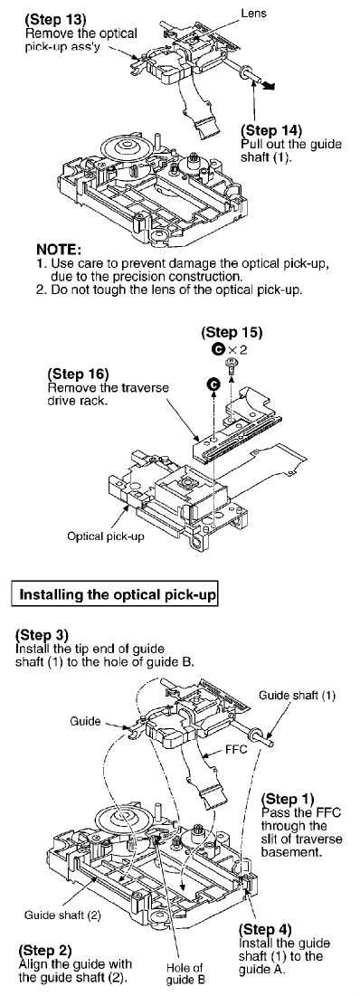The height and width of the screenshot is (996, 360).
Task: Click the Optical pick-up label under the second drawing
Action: coord(106,536)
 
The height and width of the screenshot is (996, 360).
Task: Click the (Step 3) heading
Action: coord(42,634)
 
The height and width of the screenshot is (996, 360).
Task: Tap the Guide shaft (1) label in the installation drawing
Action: coord(297,695)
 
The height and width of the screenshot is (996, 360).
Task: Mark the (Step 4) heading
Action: coord(265,930)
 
